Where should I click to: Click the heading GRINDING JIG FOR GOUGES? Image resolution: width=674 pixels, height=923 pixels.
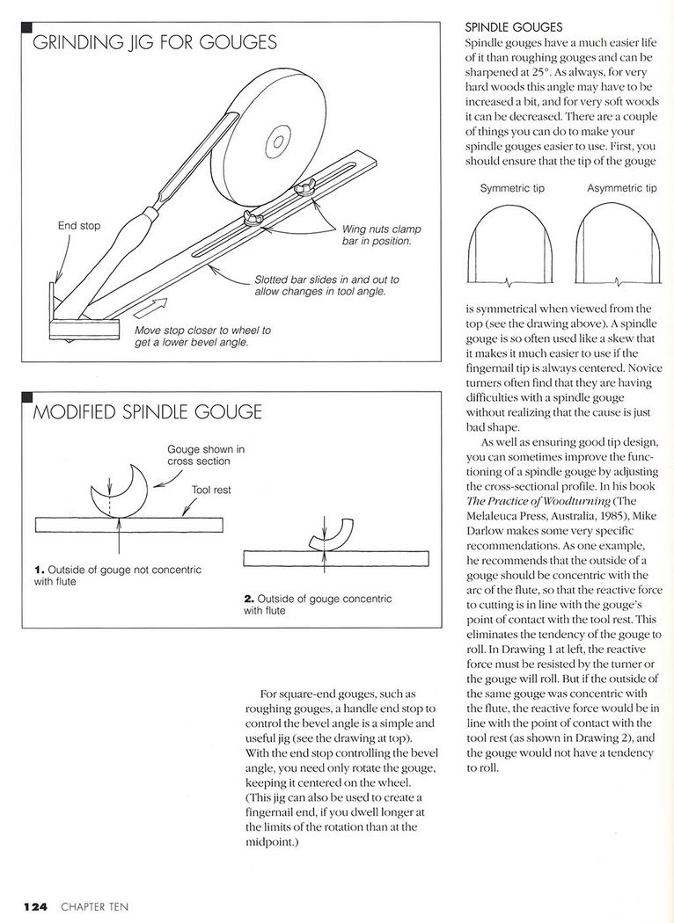coord(155,43)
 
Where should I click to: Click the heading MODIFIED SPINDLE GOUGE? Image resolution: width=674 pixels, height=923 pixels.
coord(147,412)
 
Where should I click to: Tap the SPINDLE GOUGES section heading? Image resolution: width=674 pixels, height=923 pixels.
coord(513,27)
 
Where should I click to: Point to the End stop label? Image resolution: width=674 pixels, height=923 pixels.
coord(79,226)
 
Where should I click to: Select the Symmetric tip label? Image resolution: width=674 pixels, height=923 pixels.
coord(511,188)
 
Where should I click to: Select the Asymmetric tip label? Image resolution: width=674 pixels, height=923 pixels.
coord(621,188)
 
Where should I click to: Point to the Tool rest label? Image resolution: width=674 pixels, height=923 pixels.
coord(211,490)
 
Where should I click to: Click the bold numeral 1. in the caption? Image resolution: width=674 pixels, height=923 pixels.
coord(40,570)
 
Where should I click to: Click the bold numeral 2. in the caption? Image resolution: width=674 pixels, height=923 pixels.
coord(250,599)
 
